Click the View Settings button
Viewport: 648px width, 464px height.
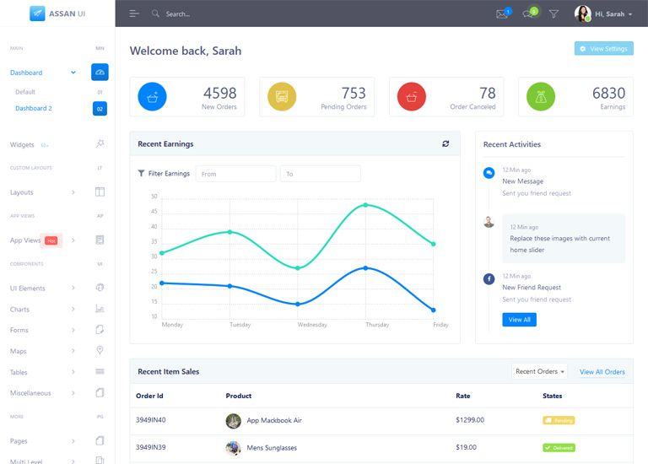[x=603, y=49]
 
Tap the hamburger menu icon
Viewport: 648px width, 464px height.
[x=134, y=14]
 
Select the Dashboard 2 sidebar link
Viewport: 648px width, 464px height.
[x=34, y=109]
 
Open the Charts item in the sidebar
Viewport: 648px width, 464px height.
[x=20, y=310]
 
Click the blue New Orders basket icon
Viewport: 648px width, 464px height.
[x=152, y=97]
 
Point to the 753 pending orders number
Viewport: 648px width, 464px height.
[x=354, y=94]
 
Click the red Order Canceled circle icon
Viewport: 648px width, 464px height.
[x=412, y=97]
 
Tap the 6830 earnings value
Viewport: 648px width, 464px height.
[x=608, y=94]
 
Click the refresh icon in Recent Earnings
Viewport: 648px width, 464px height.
[x=445, y=144]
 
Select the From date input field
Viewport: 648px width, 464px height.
[x=235, y=174]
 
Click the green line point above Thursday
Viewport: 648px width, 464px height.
[x=365, y=205]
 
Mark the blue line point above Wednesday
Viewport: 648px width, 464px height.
[x=298, y=304]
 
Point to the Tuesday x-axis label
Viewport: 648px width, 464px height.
[x=240, y=325]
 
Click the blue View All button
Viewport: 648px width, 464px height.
[x=519, y=320]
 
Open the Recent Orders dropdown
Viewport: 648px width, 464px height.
[x=540, y=372]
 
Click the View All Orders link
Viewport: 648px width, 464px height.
[x=602, y=372]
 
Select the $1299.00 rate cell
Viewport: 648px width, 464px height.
[x=469, y=420]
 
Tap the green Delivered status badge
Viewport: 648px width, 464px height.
[x=559, y=448]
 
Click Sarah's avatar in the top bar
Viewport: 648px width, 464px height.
[x=582, y=13]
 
